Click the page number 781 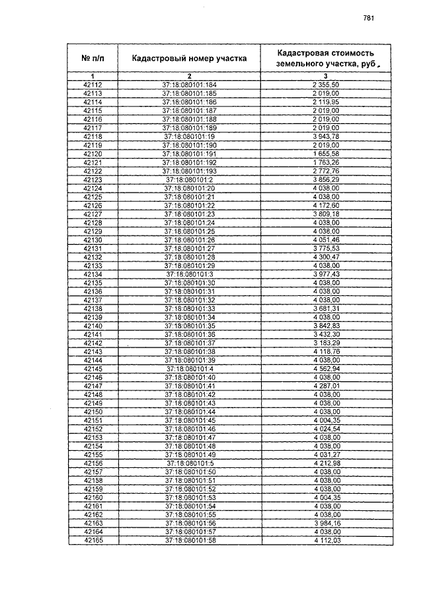tap(369, 19)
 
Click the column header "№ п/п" tap(93, 58)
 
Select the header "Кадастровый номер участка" tap(189, 58)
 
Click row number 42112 tap(93, 85)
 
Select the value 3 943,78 tap(326, 136)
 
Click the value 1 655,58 tap(326, 154)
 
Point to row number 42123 tap(93, 179)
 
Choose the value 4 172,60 tap(326, 205)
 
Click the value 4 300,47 tap(326, 257)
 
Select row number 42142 tap(93, 343)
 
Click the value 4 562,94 tap(326, 369)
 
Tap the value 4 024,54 tap(326, 429)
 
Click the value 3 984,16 tap(326, 524)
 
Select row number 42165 tap(93, 541)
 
